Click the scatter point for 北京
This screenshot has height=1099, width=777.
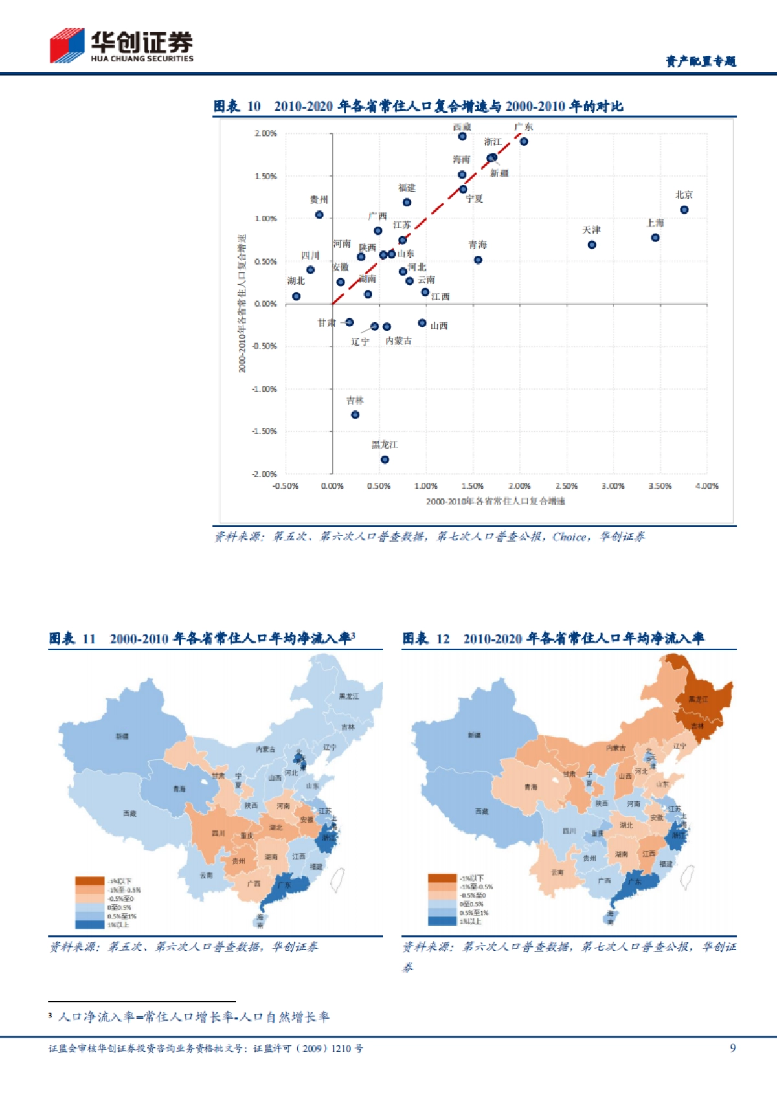pos(684,210)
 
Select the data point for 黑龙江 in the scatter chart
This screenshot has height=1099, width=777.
pos(385,460)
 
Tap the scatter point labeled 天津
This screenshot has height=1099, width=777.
pos(592,245)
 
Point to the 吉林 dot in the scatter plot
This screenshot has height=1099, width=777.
pos(355,415)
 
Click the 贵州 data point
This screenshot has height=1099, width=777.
pos(319,215)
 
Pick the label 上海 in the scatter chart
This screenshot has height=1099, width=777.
pos(655,223)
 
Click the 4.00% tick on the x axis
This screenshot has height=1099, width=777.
pos(706,486)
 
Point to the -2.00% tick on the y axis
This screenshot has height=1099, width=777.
pos(264,474)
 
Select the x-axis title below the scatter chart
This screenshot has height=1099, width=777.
pos(495,502)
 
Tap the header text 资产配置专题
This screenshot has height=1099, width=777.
pos(701,61)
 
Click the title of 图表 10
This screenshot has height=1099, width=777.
pos(418,106)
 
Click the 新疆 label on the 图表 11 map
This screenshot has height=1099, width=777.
pos(122,737)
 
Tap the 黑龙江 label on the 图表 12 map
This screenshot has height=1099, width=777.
pos(698,700)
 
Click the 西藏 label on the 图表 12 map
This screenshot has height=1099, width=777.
pos(482,811)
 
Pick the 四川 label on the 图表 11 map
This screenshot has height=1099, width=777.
pos(218,834)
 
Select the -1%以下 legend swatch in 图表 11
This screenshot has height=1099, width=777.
pos(89,881)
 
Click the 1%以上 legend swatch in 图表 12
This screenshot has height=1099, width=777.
pos(442,921)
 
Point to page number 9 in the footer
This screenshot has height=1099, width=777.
pos(732,1049)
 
